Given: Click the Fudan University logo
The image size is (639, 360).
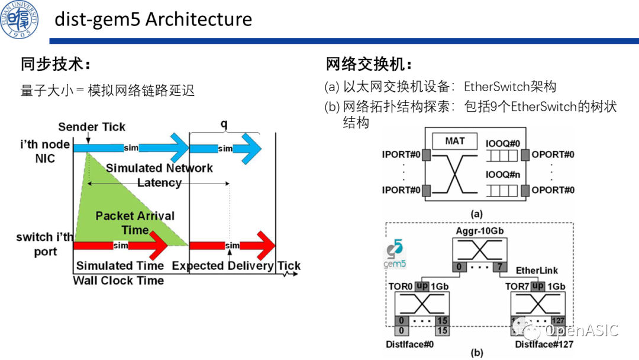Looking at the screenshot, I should (x=20, y=19).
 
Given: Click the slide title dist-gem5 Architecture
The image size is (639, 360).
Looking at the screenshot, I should (x=153, y=19).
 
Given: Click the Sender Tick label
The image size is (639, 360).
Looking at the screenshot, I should (x=92, y=127).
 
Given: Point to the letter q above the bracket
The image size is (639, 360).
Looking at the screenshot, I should (x=224, y=124).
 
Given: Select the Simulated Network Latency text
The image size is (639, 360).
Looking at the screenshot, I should (x=159, y=175).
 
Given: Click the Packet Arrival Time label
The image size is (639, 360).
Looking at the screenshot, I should (x=135, y=223).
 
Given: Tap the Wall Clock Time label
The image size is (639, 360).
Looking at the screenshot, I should (x=118, y=281).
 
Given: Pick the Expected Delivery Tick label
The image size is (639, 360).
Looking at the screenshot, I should (x=236, y=266).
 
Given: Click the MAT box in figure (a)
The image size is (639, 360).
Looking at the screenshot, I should (x=455, y=141).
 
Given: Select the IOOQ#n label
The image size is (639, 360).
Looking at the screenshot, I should (x=502, y=175).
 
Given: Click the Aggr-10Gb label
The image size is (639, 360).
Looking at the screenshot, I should (x=480, y=230).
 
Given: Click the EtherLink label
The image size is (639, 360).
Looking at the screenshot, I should (x=537, y=271).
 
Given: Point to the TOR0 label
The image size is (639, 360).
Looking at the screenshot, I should (x=400, y=286).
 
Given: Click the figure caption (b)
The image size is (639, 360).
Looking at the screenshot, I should (x=476, y=353).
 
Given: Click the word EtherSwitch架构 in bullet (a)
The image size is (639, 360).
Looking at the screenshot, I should (x=510, y=86).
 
